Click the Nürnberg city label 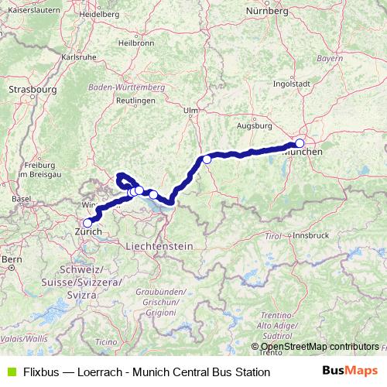pos(265,11)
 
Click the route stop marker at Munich pos(300,143)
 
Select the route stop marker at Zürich pos(87,222)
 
